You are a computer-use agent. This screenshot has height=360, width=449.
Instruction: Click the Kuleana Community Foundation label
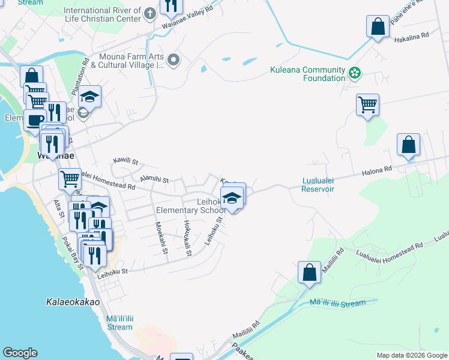(306, 74)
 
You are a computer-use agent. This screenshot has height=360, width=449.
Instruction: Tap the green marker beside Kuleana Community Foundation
(355, 73)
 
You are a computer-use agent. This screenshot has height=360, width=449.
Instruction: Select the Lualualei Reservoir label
(318, 184)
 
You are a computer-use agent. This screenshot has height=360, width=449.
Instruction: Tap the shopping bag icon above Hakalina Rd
(378, 27)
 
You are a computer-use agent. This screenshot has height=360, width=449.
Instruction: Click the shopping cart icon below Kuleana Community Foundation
(367, 105)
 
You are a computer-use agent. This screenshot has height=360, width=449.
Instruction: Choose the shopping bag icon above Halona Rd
(408, 145)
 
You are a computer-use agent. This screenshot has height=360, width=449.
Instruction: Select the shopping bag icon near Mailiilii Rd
(309, 272)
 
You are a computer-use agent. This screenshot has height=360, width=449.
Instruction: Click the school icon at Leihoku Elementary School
(232, 196)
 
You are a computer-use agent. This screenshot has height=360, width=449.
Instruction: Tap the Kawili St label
(126, 161)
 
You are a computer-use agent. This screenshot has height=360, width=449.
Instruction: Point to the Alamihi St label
(154, 179)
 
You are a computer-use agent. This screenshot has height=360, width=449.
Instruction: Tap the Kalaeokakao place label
(73, 302)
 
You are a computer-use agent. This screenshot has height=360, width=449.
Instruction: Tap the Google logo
(20, 353)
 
